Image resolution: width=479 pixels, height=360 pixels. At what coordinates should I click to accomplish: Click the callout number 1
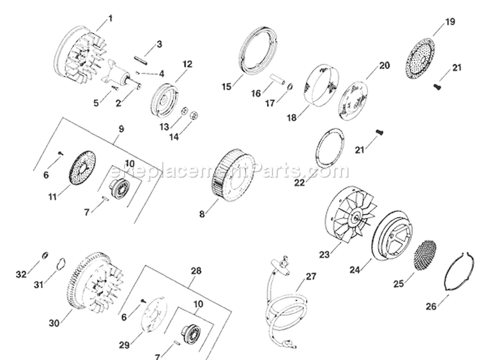[110, 18]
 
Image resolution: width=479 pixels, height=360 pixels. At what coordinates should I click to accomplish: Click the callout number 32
[20, 276]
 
